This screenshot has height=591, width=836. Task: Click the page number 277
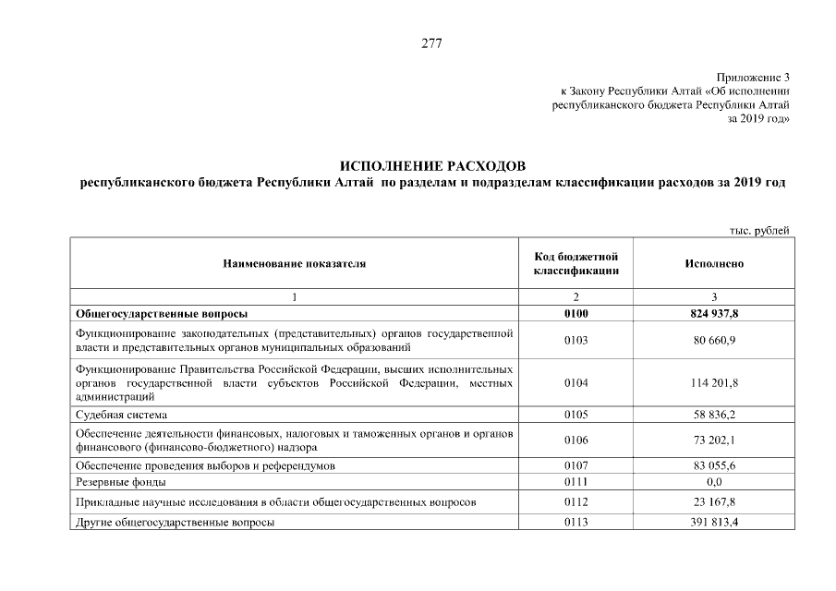click(431, 43)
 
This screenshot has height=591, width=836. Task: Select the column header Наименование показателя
click(294, 263)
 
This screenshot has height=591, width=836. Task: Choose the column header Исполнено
click(714, 263)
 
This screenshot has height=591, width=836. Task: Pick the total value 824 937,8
click(714, 314)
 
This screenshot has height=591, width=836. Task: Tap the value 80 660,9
click(714, 340)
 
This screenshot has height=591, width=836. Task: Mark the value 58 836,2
click(714, 415)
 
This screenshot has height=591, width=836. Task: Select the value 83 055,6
click(714, 465)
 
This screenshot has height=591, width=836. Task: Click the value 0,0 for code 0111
click(714, 482)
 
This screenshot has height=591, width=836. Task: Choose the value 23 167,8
click(714, 502)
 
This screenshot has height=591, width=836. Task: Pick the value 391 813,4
click(714, 523)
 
